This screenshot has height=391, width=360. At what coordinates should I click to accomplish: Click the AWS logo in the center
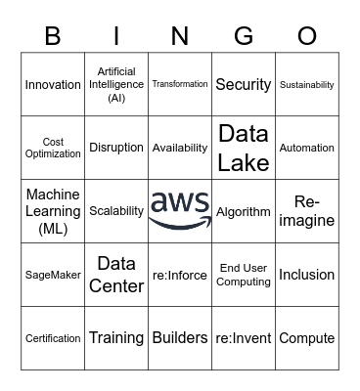pos(180,210)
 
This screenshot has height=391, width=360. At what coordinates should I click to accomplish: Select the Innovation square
pos(53,85)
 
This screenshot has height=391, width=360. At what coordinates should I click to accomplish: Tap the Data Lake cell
pos(244,148)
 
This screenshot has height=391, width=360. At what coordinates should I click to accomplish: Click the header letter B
pos(53,36)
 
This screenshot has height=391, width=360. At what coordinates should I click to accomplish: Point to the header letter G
pos(244,36)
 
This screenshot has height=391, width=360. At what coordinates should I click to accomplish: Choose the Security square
pos(244,85)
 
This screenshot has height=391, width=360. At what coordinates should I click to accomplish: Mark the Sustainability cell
pos(307,85)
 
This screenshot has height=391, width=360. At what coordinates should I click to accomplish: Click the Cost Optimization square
pos(53,148)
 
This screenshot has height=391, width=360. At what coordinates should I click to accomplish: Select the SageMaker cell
pos(53,275)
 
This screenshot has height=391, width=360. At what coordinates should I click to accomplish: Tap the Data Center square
pos(116,275)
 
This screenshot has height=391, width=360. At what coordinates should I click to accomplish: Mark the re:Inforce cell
pos(180,275)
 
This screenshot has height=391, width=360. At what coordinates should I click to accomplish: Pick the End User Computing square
pos(244,275)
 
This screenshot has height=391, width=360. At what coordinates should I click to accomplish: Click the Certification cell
pos(53,338)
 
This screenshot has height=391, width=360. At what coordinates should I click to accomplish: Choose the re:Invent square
pos(244,338)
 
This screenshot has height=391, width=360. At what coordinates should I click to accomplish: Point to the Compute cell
pos(307,338)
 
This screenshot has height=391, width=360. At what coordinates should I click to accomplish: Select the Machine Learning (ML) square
pos(53,211)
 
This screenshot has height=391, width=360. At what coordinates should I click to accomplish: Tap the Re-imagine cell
pos(307,211)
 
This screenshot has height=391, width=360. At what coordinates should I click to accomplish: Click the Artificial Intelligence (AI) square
pos(116,85)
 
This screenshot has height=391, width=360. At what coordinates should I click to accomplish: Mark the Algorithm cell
pos(244,211)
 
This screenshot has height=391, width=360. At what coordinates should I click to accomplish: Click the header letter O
pos(307,36)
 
